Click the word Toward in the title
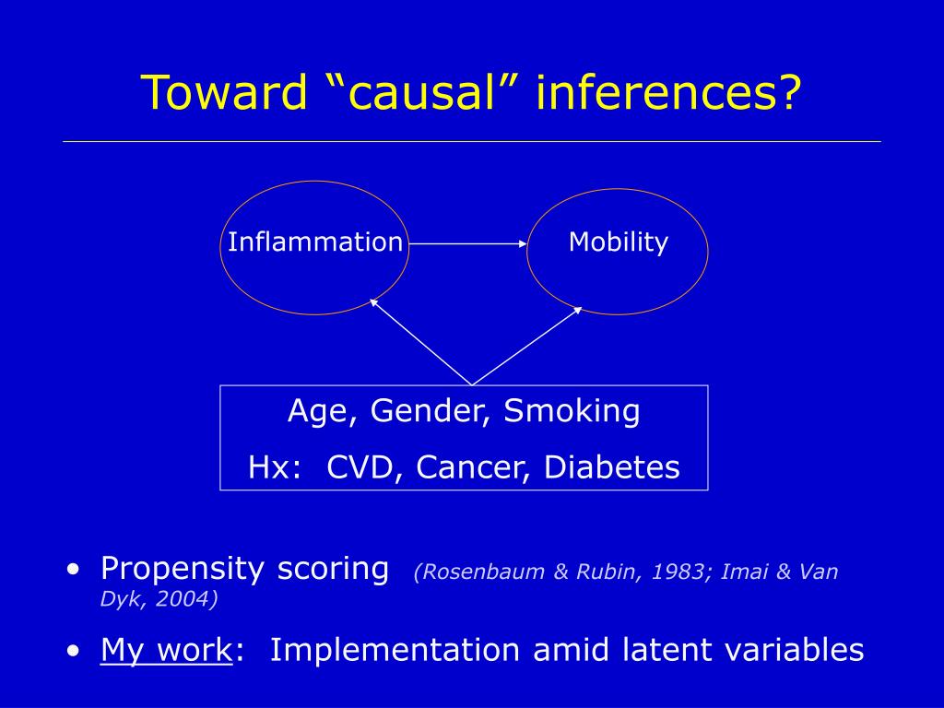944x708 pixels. (x=225, y=92)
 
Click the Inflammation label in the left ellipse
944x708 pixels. (x=315, y=242)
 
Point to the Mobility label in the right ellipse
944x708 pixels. (x=619, y=242)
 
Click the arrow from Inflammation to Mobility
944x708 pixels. (x=467, y=243)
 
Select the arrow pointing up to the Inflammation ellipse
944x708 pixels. (x=420, y=342)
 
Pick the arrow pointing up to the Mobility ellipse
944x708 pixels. (x=527, y=346)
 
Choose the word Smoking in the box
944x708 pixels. (x=572, y=412)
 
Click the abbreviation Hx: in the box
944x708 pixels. (x=275, y=467)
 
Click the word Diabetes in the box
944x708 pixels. (x=612, y=467)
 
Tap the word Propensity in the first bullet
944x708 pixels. (x=182, y=569)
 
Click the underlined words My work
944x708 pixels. (x=166, y=650)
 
